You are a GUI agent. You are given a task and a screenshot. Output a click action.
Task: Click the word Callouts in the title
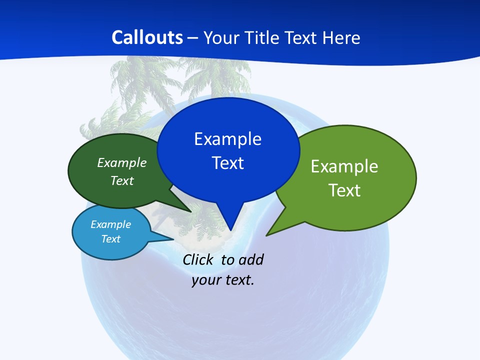[x=147, y=37]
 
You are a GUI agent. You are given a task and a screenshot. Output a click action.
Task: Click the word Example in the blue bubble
[x=227, y=139]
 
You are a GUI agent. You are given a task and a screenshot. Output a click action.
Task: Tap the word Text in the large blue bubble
[x=227, y=163]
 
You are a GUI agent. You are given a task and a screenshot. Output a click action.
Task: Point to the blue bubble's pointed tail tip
[x=230, y=230]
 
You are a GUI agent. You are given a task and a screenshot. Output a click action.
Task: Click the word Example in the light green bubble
[x=344, y=166]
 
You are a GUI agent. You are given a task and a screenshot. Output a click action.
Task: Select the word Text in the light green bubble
[x=344, y=190]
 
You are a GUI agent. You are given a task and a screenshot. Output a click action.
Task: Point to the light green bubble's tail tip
[x=266, y=235]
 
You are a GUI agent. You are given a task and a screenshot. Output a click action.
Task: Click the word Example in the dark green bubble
[x=122, y=162]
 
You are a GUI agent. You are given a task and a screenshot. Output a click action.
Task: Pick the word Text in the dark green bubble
[x=122, y=180]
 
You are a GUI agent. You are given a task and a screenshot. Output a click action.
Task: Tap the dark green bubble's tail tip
[x=191, y=212]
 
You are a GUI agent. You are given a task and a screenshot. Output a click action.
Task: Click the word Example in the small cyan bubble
[x=110, y=224]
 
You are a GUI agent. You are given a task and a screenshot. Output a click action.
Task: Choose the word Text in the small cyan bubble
[x=110, y=239]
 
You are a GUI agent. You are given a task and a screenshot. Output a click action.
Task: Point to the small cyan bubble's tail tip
[x=173, y=239]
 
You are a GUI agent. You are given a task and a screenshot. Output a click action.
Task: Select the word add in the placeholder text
[x=251, y=259]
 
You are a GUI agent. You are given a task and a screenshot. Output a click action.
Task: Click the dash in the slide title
[x=193, y=38]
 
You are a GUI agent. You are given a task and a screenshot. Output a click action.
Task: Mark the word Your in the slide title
[x=219, y=37]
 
